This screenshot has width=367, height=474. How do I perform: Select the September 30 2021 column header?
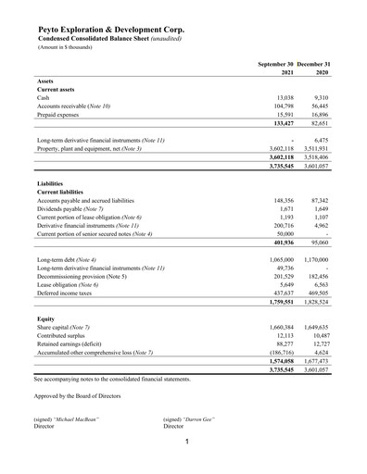[275, 68]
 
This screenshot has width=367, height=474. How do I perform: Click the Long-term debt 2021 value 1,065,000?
[277, 261]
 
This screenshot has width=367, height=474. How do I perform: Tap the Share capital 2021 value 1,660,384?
[277, 329]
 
